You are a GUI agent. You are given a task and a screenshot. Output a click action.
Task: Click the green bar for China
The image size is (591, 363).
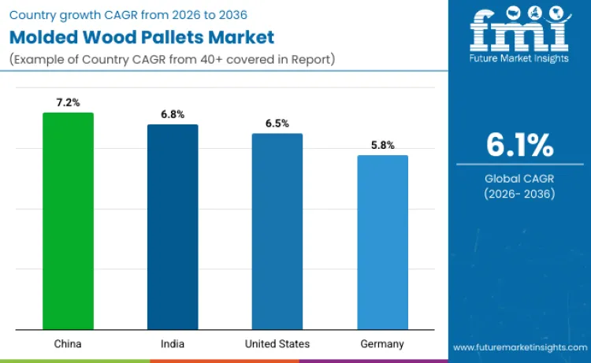coord(68,221)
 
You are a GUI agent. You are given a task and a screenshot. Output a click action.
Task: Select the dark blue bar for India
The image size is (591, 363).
coord(173,227)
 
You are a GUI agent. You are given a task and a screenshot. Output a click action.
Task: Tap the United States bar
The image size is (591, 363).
coord(277,232)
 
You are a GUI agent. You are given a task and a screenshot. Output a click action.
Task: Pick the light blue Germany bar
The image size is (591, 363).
coord(382,243)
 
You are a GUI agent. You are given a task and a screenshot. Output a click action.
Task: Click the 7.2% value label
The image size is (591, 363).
coord(68,103)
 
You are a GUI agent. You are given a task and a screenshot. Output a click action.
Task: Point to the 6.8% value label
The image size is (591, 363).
coord(173,114)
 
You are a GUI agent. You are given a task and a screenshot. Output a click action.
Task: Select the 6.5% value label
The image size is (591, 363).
coord(277,124)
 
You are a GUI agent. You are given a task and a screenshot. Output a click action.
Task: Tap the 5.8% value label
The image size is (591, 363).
coord(382,146)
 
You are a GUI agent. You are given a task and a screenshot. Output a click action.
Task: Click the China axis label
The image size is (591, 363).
coord(68,344)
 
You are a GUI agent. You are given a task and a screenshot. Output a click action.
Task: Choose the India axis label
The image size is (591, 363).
coord(173,344)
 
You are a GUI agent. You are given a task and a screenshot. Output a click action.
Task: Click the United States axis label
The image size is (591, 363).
coord(277,344)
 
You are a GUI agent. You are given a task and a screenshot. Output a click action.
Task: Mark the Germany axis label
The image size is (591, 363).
coord(382,344)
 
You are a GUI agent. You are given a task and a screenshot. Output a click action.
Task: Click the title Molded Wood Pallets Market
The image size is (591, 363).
coord(142,36)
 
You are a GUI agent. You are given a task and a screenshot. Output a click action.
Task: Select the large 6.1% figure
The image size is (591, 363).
coord(519,146)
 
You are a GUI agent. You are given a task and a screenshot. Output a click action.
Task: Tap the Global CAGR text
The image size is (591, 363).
coord(519,179)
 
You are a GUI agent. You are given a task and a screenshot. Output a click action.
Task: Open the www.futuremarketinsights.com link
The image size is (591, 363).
coord(519,347)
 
